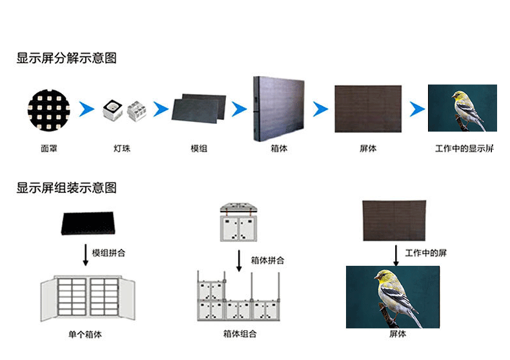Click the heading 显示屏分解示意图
click(x=66, y=58)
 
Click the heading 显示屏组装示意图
click(x=66, y=188)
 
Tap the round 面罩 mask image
click(x=48, y=108)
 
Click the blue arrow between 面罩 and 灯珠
click(x=87, y=109)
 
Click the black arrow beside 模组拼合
click(x=85, y=254)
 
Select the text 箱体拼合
click(x=267, y=261)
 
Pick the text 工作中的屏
click(x=425, y=253)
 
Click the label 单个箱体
click(x=85, y=335)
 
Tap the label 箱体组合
click(x=240, y=334)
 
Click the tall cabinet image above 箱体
click(x=279, y=108)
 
